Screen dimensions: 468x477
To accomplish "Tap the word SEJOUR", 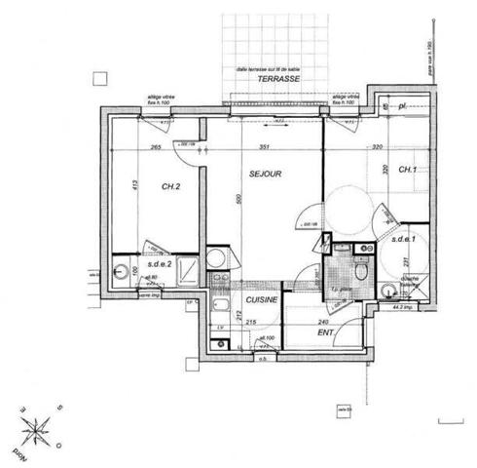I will (x=265, y=174).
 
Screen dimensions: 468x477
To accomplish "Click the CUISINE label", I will (x=262, y=300).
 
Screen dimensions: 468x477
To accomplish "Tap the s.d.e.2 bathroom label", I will (x=160, y=264).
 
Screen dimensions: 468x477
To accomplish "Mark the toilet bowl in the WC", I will (x=362, y=274).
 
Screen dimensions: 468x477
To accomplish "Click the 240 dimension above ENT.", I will (x=322, y=322).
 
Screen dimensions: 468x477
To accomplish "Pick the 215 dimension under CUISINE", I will (x=250, y=322).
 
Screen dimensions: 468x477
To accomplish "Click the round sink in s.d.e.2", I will (x=121, y=270).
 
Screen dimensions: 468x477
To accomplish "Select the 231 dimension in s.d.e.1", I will (x=377, y=261).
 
